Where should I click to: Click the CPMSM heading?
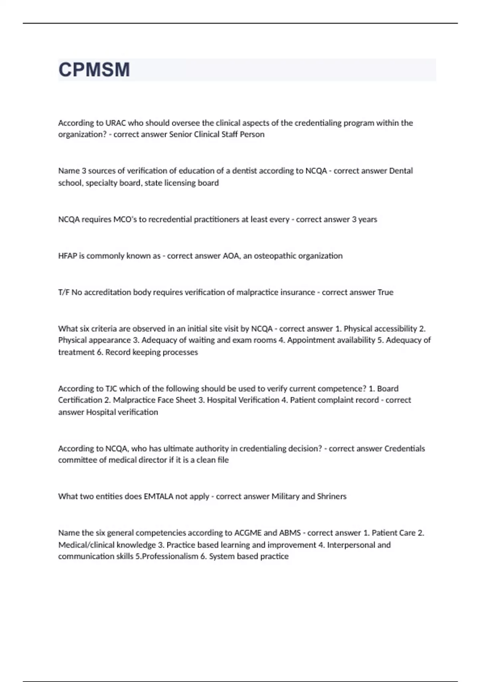pos(94,70)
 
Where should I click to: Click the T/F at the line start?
pos(64,292)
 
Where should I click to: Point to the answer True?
pos(385,292)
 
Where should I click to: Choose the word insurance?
pos(295,292)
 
